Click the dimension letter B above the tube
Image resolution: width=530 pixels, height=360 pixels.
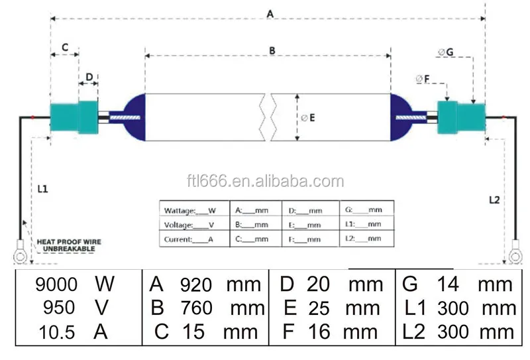pos(272,50)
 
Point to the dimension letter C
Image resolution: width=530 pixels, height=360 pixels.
pos(65,48)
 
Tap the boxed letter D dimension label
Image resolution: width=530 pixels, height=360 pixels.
pos(88,77)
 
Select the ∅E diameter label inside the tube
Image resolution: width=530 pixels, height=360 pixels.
pos(307,118)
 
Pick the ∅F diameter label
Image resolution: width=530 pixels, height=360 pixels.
pos(423,80)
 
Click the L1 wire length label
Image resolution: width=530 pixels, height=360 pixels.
pos(42,189)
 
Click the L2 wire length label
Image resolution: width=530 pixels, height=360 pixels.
pos(494,200)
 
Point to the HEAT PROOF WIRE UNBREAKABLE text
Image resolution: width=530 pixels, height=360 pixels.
pos(69,245)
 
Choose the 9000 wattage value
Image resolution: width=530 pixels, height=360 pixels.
pos(56,284)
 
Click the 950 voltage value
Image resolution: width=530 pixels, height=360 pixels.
pos(56,308)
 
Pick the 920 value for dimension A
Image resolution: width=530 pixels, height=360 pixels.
pos(196,285)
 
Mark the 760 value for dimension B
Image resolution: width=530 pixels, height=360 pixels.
pos(196,308)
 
